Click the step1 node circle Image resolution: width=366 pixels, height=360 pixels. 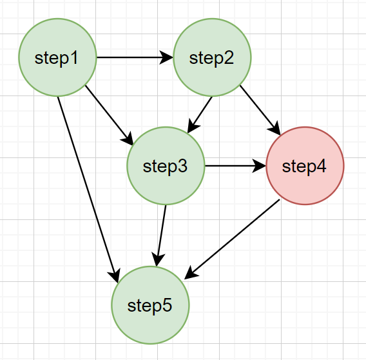(57, 57)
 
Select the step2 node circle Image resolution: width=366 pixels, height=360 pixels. (212, 57)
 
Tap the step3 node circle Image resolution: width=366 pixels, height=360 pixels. (166, 166)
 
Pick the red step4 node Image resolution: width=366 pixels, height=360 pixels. (305, 166)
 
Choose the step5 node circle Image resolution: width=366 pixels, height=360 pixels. (150, 305)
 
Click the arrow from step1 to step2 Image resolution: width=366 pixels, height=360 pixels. (135, 57)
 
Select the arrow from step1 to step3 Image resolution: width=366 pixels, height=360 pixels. (109, 115)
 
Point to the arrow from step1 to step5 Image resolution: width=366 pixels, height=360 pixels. (88, 190)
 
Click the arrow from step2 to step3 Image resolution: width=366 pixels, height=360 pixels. (200, 115)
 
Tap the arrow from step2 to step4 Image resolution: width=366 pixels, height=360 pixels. (260, 110)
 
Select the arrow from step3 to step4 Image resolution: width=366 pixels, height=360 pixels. (236, 166)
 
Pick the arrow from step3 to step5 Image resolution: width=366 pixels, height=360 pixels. (161, 235)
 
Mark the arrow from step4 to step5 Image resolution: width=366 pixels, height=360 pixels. (232, 239)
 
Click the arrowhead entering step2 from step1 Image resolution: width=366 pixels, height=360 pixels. (166, 57)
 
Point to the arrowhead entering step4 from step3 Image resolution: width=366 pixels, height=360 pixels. (259, 166)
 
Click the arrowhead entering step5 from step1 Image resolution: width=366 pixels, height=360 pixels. (115, 275)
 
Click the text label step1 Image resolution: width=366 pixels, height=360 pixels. (56, 59)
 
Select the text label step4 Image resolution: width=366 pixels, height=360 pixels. (304, 166)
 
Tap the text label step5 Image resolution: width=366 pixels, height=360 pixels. (149, 306)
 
